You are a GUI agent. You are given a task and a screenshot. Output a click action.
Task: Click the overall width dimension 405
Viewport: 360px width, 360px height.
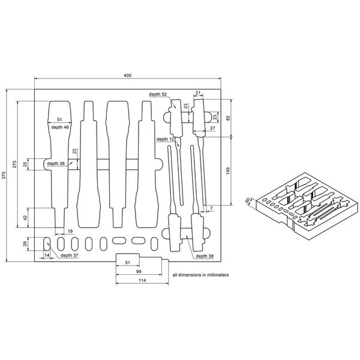127,75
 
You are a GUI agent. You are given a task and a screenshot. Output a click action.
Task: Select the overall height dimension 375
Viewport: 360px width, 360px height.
4,175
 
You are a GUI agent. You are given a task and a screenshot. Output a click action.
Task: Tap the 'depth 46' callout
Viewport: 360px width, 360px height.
59,127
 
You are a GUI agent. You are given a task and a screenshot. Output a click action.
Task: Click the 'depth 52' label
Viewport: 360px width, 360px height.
159,95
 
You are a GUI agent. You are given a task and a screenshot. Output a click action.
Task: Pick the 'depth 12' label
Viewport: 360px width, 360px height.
164,139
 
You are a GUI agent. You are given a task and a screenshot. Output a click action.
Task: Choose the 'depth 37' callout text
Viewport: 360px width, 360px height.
69,255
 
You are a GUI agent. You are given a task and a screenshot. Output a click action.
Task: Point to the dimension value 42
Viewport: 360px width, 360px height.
26,218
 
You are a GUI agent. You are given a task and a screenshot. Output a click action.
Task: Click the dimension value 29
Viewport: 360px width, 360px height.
26,244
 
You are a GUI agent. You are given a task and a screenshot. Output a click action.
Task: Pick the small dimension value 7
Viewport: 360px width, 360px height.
211,208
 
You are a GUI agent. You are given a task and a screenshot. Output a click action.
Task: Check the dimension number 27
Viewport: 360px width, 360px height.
212,128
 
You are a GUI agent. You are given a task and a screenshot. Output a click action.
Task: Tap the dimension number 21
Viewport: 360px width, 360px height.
197,93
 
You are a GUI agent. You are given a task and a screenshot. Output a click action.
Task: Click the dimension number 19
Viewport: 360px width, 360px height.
70,231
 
